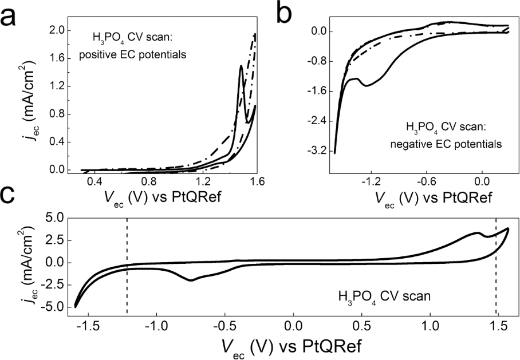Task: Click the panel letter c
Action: click(13, 199)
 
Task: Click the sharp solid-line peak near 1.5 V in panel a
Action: click(241, 66)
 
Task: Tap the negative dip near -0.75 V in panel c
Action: click(191, 280)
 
